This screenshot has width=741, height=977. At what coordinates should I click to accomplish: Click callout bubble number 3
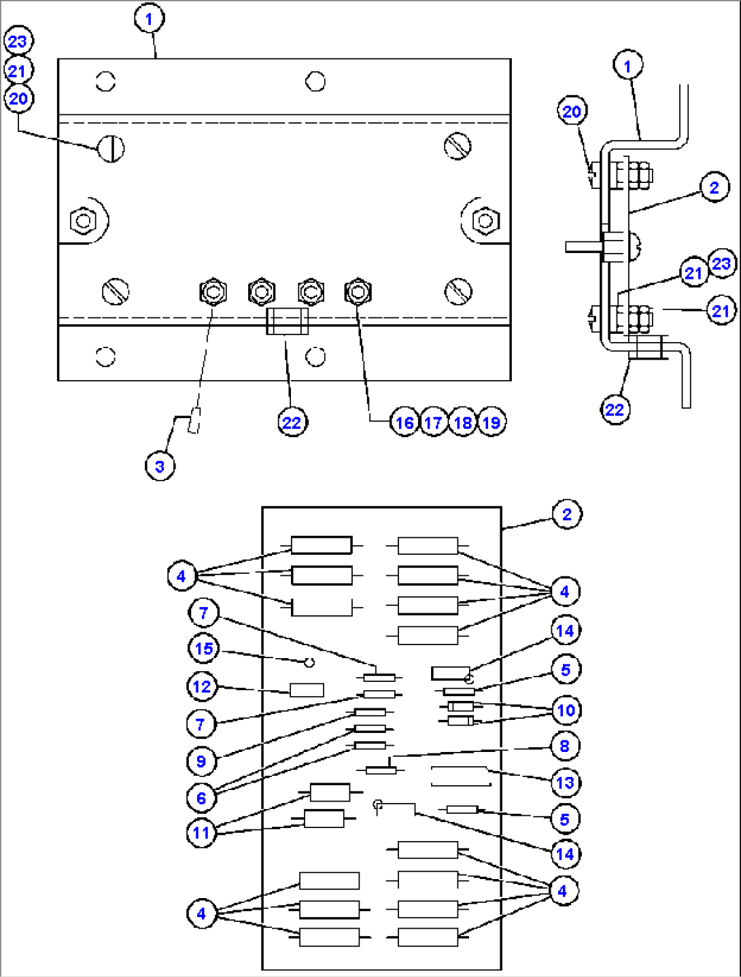click(x=160, y=466)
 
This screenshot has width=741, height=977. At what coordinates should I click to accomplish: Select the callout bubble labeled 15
click(x=204, y=649)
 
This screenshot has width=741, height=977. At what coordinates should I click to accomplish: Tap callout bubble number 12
click(x=201, y=687)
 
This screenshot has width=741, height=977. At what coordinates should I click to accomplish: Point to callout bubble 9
click(x=201, y=761)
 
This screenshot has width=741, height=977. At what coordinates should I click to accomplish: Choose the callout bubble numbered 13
click(x=565, y=783)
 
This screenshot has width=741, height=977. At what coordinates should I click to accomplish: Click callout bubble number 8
click(x=564, y=746)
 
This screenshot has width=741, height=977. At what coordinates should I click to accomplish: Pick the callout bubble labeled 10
click(x=566, y=710)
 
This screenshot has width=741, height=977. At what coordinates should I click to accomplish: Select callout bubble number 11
click(x=201, y=833)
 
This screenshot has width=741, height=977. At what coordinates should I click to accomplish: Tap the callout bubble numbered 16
click(x=404, y=423)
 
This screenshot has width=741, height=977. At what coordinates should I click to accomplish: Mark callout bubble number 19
click(x=492, y=423)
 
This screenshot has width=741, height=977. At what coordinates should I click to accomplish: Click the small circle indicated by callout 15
click(x=309, y=662)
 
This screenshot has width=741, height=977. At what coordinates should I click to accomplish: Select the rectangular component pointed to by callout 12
click(x=307, y=690)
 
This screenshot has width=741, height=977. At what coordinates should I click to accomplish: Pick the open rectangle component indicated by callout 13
click(x=460, y=776)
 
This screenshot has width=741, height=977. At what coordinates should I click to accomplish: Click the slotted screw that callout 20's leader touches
click(x=111, y=148)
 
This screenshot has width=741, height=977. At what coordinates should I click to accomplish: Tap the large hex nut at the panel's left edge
click(x=83, y=221)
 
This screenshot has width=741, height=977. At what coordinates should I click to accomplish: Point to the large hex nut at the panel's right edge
click(x=485, y=220)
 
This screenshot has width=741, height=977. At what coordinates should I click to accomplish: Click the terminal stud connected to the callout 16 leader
click(x=358, y=292)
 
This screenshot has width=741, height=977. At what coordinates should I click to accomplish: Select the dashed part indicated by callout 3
click(x=194, y=419)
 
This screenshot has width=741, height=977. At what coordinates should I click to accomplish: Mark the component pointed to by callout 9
click(x=370, y=712)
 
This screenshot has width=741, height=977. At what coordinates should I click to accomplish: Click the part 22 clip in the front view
click(x=286, y=321)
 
